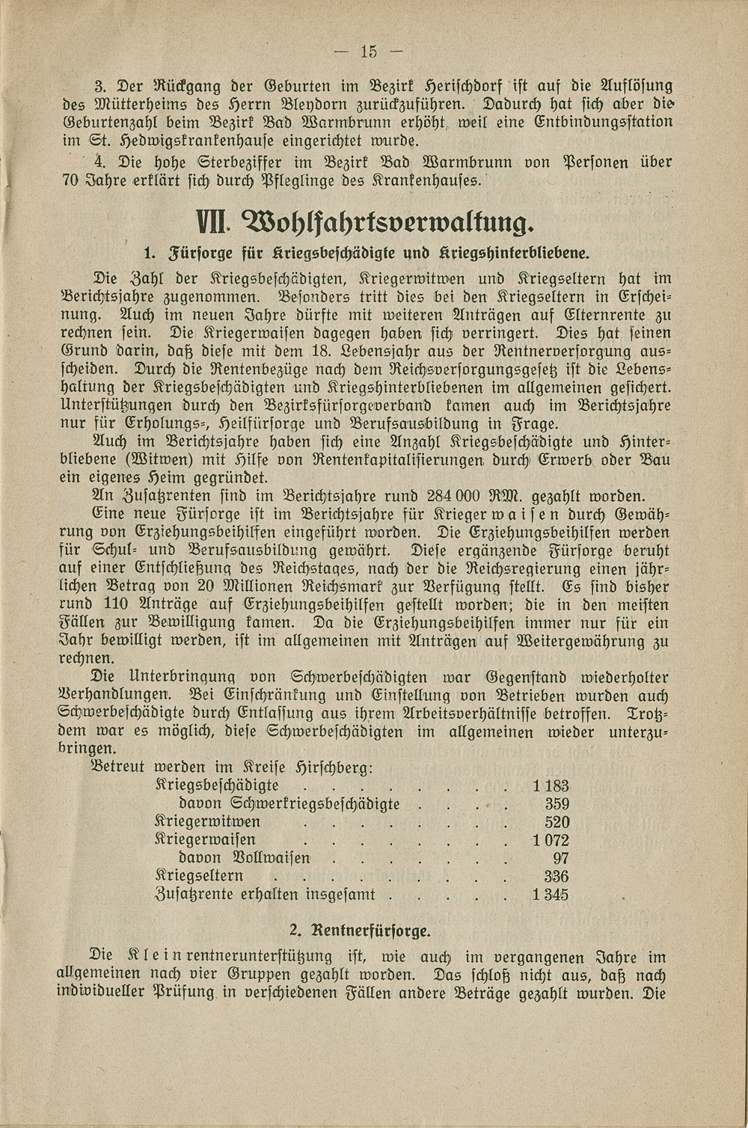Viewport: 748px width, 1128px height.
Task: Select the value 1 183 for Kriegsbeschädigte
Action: point(551,785)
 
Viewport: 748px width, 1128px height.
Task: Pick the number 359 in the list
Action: point(557,804)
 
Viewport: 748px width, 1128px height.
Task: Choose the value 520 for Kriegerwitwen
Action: point(557,822)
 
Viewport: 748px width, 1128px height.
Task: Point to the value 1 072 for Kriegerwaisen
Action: point(551,840)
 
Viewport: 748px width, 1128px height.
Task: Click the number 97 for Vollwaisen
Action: point(561,858)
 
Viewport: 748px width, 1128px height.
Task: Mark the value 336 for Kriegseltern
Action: point(557,877)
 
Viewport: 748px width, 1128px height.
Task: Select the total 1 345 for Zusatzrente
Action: point(551,895)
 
